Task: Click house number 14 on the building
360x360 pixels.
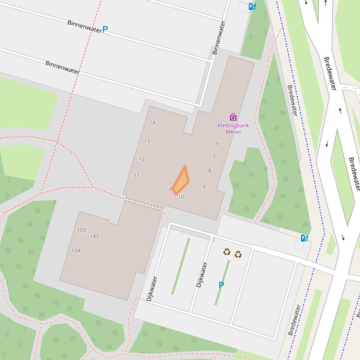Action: pyautogui.click(x=152, y=122)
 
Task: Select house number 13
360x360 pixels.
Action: pyautogui.click(x=147, y=141)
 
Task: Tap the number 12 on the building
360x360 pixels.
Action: pyautogui.click(x=141, y=158)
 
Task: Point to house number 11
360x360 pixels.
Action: pyautogui.click(x=136, y=176)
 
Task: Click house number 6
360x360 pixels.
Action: pyautogui.click(x=218, y=143)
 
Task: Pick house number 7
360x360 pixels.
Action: pyautogui.click(x=214, y=157)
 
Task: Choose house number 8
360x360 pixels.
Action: pyautogui.click(x=209, y=171)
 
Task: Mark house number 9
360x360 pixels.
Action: pyautogui.click(x=204, y=187)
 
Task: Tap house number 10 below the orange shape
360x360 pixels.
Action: pyautogui.click(x=181, y=197)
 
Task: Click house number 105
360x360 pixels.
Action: pyautogui.click(x=81, y=230)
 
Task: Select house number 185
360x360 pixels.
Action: pyautogui.click(x=95, y=237)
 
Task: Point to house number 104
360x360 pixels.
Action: pyautogui.click(x=75, y=251)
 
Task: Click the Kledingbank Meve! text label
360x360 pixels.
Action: pyautogui.click(x=233, y=129)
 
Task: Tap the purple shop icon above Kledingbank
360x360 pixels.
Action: pyautogui.click(x=233, y=117)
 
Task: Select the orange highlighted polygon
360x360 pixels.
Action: pyautogui.click(x=181, y=181)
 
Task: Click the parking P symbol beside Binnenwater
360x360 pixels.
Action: pyautogui.click(x=105, y=29)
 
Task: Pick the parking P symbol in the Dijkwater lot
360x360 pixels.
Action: pyautogui.click(x=221, y=285)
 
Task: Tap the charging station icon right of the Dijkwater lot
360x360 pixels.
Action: pyautogui.click(x=304, y=238)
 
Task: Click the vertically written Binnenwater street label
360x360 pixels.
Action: pyautogui.click(x=219, y=37)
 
